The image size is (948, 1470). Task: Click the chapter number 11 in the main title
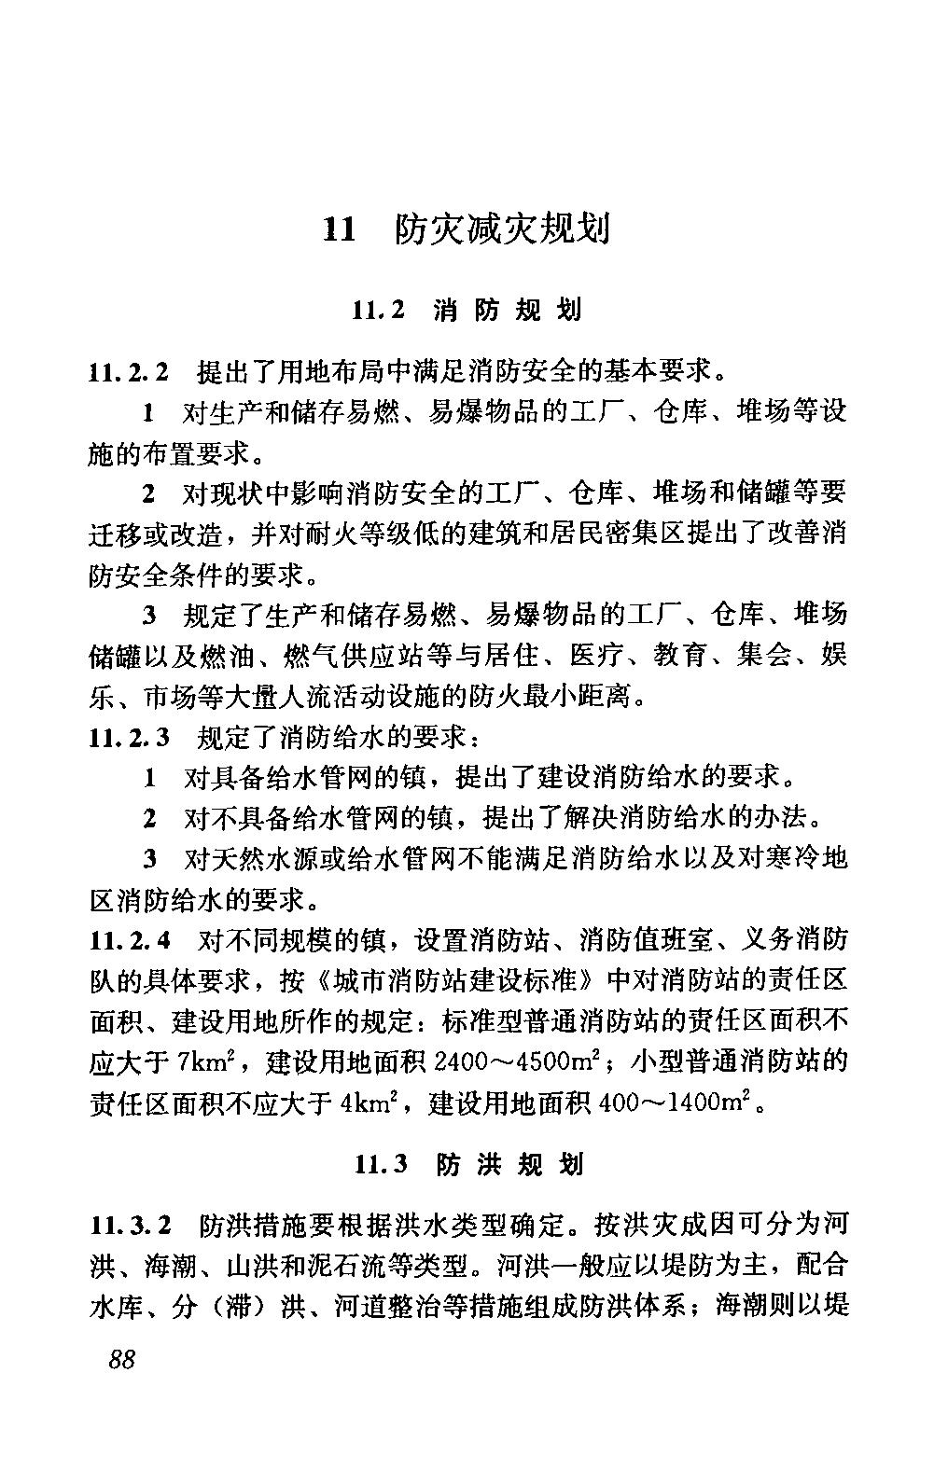click(339, 229)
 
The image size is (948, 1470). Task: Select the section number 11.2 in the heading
click(379, 310)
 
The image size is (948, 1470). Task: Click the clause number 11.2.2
click(130, 373)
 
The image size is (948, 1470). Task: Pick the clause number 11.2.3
click(130, 738)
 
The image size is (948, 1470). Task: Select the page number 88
click(122, 1359)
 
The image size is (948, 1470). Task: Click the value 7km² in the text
click(203, 1062)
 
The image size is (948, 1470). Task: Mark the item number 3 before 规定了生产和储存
click(149, 616)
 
